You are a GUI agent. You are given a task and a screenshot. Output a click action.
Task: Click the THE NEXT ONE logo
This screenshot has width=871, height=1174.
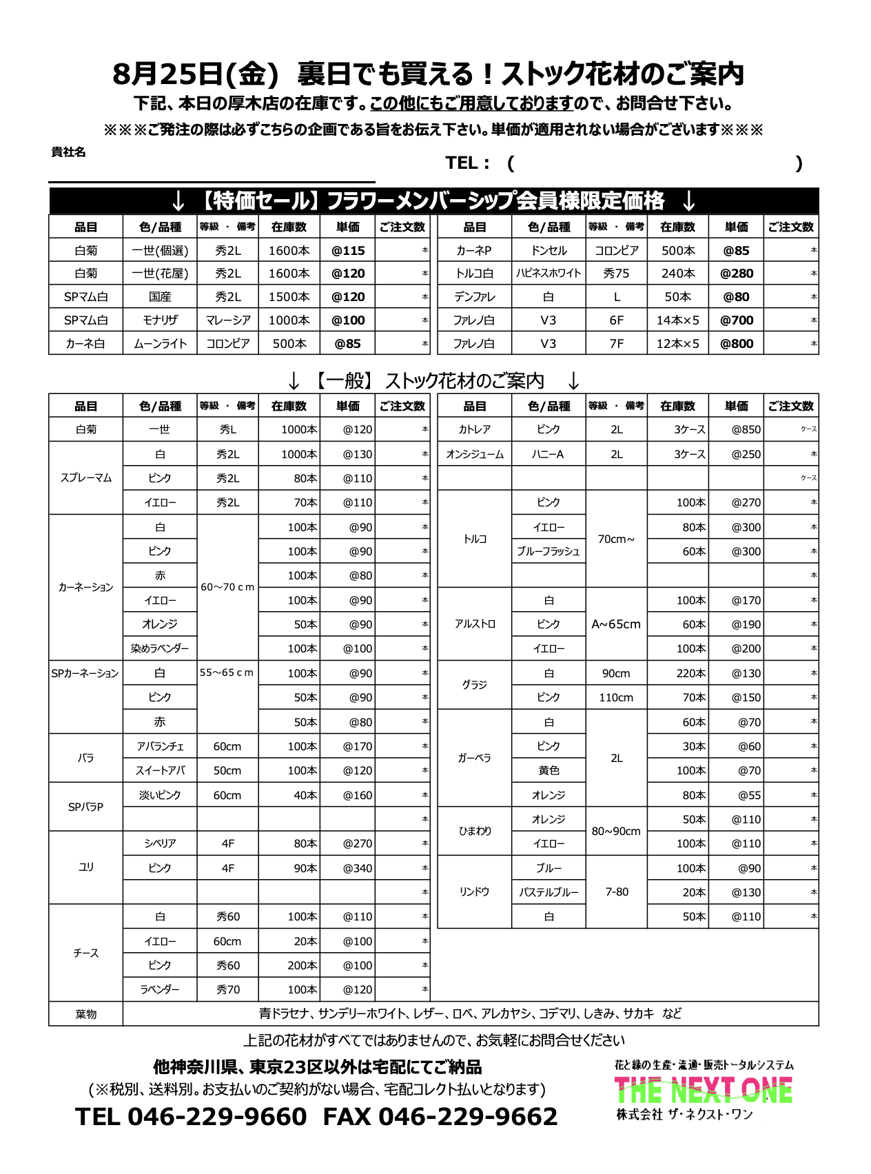point(703,1091)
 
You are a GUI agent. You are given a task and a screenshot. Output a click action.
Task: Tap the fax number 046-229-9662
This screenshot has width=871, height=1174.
point(468,1117)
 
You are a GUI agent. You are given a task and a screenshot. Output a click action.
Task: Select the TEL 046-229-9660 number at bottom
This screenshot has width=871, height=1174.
point(191,1117)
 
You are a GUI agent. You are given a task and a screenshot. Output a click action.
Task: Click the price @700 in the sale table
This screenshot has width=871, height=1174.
point(736,320)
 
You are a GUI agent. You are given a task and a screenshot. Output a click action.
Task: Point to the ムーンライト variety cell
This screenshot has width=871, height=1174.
point(160,344)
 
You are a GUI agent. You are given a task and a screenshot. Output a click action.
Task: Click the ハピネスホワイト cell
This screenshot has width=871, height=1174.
point(549,274)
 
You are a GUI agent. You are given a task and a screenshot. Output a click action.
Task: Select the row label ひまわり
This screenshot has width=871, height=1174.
point(475,832)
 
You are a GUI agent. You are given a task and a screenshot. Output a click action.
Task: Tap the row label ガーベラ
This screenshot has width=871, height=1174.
point(475,758)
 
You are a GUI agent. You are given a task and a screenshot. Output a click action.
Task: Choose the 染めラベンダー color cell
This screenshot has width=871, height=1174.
point(160,649)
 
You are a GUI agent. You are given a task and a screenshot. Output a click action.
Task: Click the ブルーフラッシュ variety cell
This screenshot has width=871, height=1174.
point(549,552)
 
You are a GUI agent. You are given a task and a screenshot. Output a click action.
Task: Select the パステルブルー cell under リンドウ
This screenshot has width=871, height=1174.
point(549,893)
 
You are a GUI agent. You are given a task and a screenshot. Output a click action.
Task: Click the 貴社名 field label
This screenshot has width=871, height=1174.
point(69,152)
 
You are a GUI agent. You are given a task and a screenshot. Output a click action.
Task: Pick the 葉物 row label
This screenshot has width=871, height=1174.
point(86,1014)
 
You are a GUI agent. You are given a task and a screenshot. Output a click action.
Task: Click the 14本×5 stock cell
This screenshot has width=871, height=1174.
point(677,320)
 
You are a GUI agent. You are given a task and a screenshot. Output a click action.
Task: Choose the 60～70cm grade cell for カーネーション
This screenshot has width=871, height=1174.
point(227,588)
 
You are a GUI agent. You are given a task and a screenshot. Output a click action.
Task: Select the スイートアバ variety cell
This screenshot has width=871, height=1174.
point(160,771)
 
